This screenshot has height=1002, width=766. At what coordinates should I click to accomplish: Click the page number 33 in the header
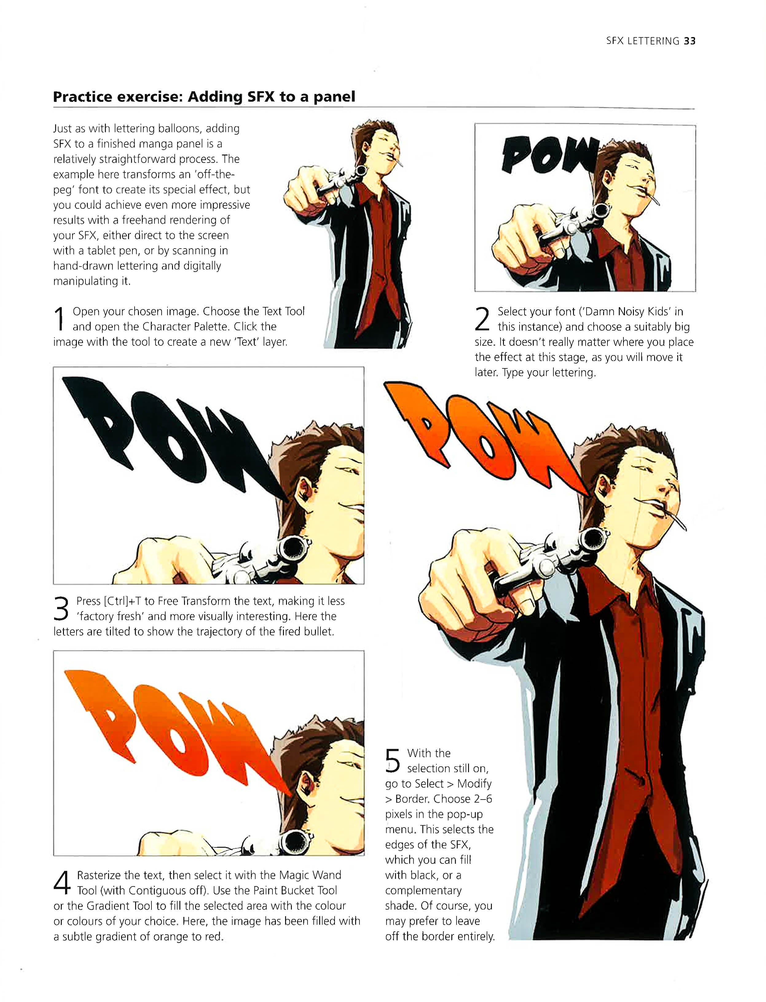pos(689,41)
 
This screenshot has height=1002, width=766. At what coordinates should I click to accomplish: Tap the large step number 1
pos(59,318)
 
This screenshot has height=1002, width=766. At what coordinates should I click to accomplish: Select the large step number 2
pos(482,318)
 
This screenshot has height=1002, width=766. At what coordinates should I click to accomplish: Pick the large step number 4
pos(62,882)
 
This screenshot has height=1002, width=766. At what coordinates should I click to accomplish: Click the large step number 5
pos(393,761)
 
